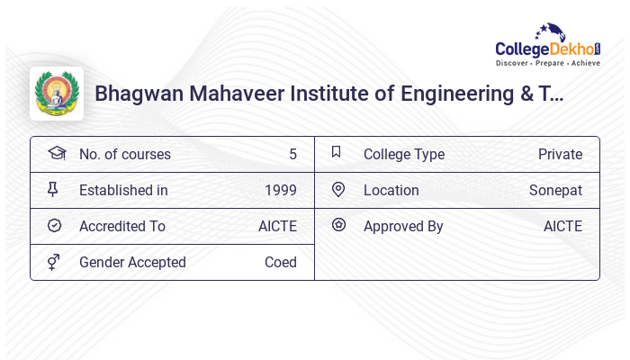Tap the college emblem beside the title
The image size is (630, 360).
[57, 94]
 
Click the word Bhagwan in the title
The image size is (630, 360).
[139, 94]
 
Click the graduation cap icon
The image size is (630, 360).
[56, 154]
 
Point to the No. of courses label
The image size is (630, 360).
[124, 155]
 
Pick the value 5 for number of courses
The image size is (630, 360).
[292, 155]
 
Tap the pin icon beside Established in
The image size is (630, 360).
[54, 190]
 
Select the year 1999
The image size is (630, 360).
[281, 191]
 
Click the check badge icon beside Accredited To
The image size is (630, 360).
[54, 226]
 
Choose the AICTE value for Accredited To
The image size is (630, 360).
[277, 227]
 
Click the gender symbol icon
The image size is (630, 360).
[54, 262]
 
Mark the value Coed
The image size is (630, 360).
[281, 263]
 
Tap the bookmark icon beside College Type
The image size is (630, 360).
[337, 153]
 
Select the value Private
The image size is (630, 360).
[560, 155]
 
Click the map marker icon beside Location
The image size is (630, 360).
[338, 190]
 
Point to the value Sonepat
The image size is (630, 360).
[555, 191]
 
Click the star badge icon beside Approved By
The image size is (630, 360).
[338, 226]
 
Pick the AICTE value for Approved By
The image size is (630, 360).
[562, 227]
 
